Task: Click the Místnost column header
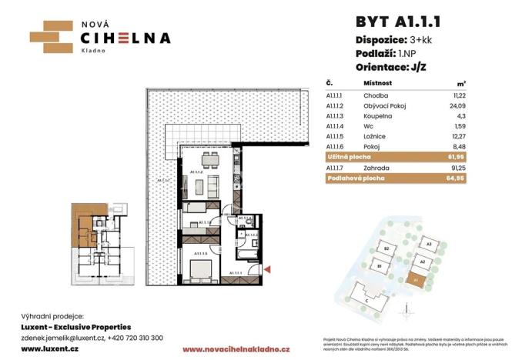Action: [x=378, y=82]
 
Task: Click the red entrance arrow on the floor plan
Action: [x=266, y=268]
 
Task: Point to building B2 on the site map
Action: [x=389, y=249]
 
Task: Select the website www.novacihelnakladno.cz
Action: [x=238, y=349]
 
